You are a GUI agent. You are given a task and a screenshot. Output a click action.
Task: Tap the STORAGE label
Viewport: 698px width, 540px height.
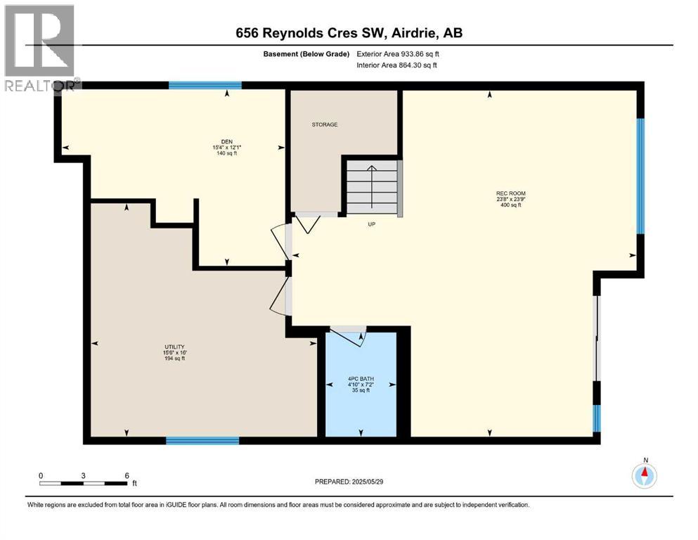click(x=325, y=124)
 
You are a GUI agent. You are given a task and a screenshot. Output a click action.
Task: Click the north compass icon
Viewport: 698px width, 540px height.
click(x=644, y=476)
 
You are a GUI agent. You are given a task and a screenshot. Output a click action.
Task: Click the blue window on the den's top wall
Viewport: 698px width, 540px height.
click(x=205, y=85)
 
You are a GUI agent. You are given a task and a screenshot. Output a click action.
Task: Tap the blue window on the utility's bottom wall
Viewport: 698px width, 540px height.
click(x=202, y=441)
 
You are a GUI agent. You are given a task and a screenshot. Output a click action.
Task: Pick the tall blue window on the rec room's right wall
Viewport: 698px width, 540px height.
click(x=640, y=175)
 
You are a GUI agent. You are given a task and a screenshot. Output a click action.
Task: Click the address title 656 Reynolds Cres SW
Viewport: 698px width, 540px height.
click(x=349, y=32)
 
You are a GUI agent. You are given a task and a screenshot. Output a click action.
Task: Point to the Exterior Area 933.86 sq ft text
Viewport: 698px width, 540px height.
click(x=399, y=54)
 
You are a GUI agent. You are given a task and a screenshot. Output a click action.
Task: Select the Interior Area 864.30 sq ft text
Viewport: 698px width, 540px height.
click(x=397, y=65)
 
